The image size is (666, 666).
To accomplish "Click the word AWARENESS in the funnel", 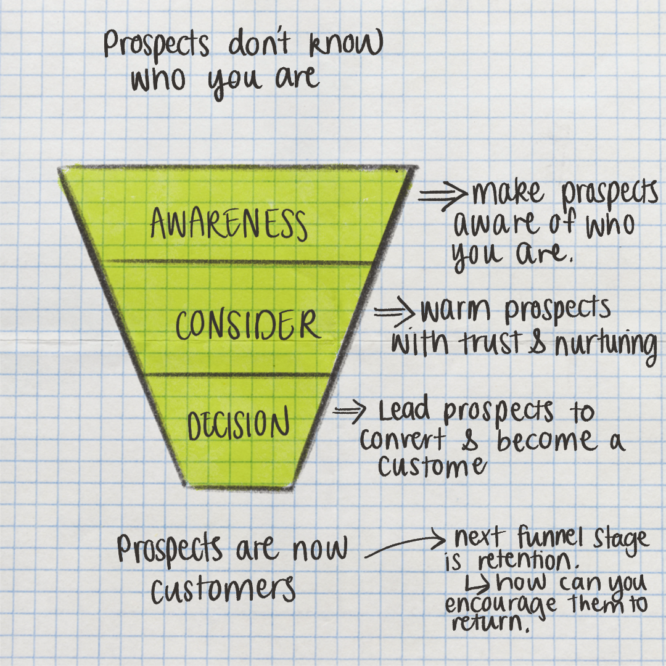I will tap(228, 224).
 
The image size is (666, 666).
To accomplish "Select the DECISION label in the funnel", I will tap(238, 425).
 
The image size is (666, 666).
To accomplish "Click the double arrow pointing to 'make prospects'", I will tap(443, 195).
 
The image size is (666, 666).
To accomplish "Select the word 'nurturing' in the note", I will tap(607, 344).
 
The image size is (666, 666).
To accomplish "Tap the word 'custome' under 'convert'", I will tap(431, 466).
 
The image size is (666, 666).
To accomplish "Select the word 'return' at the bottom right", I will tap(490, 624).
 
